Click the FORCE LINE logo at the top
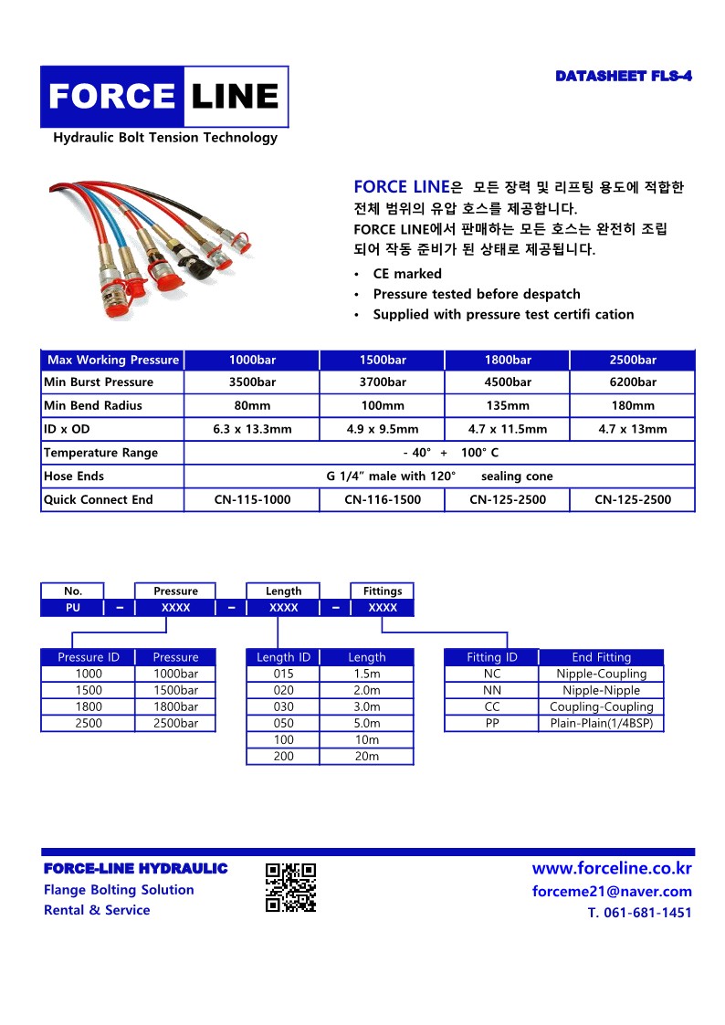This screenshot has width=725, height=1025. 164,96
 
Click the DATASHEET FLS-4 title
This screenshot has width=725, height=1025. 624,76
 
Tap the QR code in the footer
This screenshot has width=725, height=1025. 290,888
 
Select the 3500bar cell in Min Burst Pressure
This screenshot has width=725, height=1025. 252,382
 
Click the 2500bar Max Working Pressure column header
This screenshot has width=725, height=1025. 633,360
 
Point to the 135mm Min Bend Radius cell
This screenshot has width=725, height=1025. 507,406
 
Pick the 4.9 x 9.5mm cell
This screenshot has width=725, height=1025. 383,429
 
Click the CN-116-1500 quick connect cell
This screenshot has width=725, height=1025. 383,500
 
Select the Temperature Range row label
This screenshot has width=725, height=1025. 101,453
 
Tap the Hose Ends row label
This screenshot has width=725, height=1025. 75,476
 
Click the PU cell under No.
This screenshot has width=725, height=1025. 73,608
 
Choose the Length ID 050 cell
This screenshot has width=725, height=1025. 284,724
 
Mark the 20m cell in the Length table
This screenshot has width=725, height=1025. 367,757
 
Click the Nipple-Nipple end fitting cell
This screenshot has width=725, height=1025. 601,691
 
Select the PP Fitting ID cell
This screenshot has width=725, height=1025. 492,724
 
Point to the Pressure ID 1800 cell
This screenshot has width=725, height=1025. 89,707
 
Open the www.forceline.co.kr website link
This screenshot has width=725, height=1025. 612,869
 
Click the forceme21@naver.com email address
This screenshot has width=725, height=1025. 612,892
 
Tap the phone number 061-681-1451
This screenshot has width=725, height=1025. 646,913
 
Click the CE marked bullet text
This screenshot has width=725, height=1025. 407,274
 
